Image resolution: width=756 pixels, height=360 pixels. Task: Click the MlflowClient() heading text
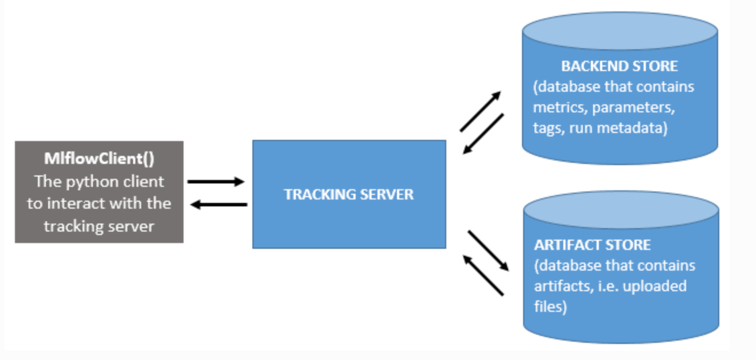point(99,159)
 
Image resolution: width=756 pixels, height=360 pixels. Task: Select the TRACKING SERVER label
point(349,194)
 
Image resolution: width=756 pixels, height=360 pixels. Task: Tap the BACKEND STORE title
point(619,66)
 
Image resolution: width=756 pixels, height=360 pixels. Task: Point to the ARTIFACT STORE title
point(593,245)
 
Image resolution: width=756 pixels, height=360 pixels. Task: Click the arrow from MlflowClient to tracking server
point(216,182)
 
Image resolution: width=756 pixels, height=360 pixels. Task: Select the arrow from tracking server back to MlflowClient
point(219,205)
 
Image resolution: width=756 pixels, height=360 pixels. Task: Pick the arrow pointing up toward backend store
point(480,111)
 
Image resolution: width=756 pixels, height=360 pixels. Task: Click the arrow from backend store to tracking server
point(483,134)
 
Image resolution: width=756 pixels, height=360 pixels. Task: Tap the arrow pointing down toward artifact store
point(489,250)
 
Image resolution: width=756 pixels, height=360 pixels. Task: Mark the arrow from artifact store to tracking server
point(483,275)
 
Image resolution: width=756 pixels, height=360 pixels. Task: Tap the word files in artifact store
point(547,307)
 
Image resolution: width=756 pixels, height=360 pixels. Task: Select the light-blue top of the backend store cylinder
point(620,31)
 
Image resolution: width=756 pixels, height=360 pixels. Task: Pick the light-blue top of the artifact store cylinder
point(621,210)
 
